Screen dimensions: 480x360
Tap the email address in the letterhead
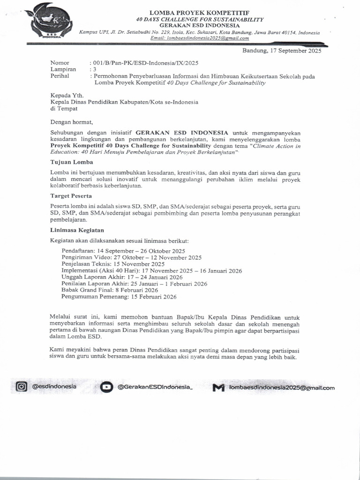coord(199,39)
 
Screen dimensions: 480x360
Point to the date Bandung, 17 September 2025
coord(282,51)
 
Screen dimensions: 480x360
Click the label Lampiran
coord(63,69)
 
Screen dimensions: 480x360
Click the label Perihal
coord(60,76)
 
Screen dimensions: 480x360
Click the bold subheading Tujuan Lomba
coord(72,162)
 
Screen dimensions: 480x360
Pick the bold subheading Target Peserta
coord(71,195)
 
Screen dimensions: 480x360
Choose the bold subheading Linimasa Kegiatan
coord(77,230)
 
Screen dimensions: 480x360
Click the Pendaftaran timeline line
coord(123,251)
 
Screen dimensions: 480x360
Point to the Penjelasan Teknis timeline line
coord(113,264)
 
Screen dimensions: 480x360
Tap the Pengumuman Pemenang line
coord(119,297)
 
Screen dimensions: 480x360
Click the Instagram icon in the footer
coord(22,387)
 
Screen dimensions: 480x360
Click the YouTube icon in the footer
coord(106,387)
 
